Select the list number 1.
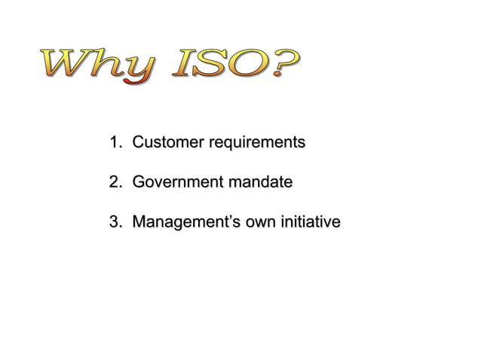pos(115,142)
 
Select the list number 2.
pos(115,182)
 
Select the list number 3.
pos(115,222)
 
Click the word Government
pos(175,182)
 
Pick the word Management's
pos(184,223)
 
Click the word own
pos(259,223)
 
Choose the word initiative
pos(310,222)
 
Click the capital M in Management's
pos(138,222)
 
